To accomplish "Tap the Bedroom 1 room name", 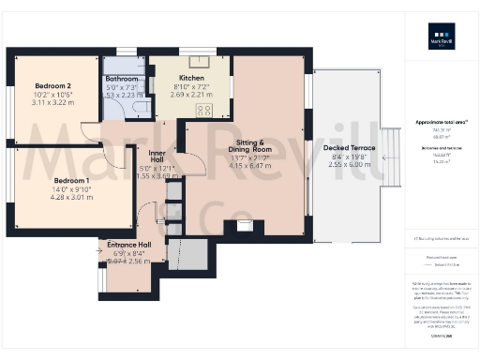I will (45, 180).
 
